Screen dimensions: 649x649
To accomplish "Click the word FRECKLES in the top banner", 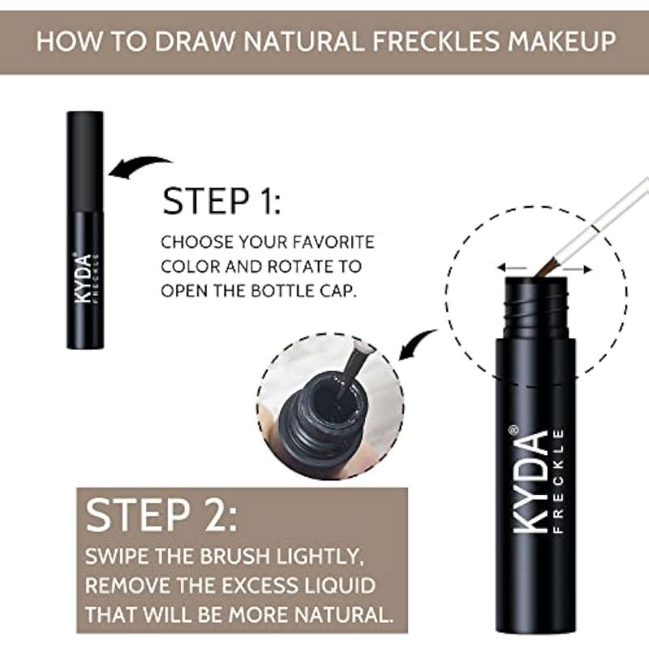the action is (x=435, y=41).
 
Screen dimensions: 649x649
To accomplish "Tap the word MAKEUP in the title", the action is (x=562, y=41).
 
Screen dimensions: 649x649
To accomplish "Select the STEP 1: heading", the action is (x=221, y=201).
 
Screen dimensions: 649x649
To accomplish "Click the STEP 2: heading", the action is (x=161, y=515).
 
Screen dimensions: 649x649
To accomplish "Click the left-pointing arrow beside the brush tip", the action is (x=512, y=268).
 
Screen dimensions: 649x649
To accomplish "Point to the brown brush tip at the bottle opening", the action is (x=544, y=268).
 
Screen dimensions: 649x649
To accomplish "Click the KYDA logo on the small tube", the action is (x=84, y=278).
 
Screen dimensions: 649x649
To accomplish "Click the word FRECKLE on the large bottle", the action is (x=558, y=481).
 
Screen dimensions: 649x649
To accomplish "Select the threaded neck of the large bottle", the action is (x=536, y=307).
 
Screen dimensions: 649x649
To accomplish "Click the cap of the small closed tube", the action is (x=85, y=161).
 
